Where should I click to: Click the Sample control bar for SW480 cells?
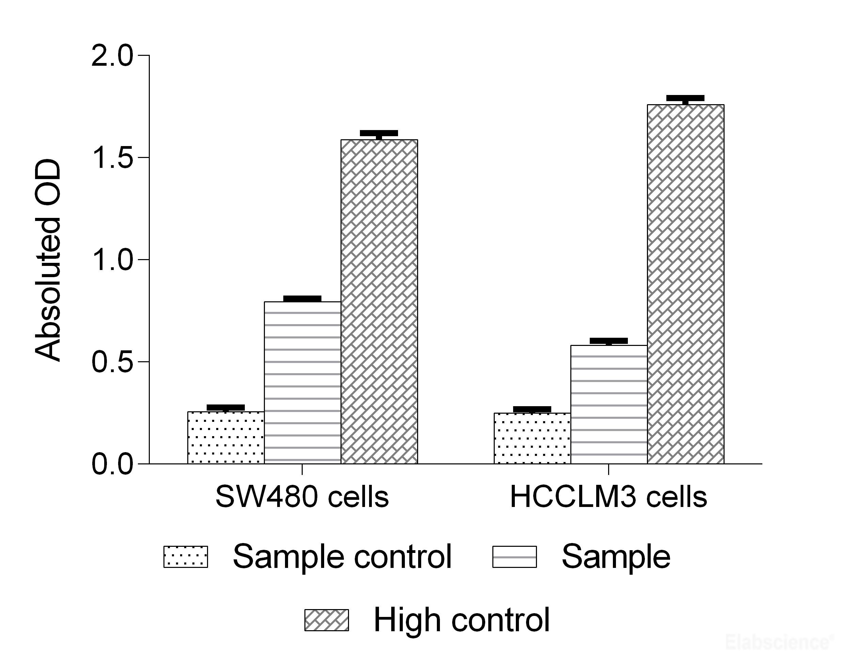click(226, 438)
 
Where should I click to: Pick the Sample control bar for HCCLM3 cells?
click(532, 438)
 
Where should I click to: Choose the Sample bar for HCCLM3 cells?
click(609, 404)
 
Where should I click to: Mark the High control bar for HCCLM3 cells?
click(685, 284)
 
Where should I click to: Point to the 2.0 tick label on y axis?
click(112, 56)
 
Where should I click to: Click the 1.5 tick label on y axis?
click(112, 158)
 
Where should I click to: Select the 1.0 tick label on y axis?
click(112, 259)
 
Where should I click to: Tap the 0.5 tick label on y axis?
click(112, 362)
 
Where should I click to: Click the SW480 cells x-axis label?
click(302, 497)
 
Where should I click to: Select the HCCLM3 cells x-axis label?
click(608, 497)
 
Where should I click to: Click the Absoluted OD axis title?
click(48, 259)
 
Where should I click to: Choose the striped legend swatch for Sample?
click(514, 557)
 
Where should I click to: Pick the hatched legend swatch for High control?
click(327, 620)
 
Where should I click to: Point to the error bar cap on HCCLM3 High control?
click(685, 98)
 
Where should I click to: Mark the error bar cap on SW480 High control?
click(379, 133)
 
